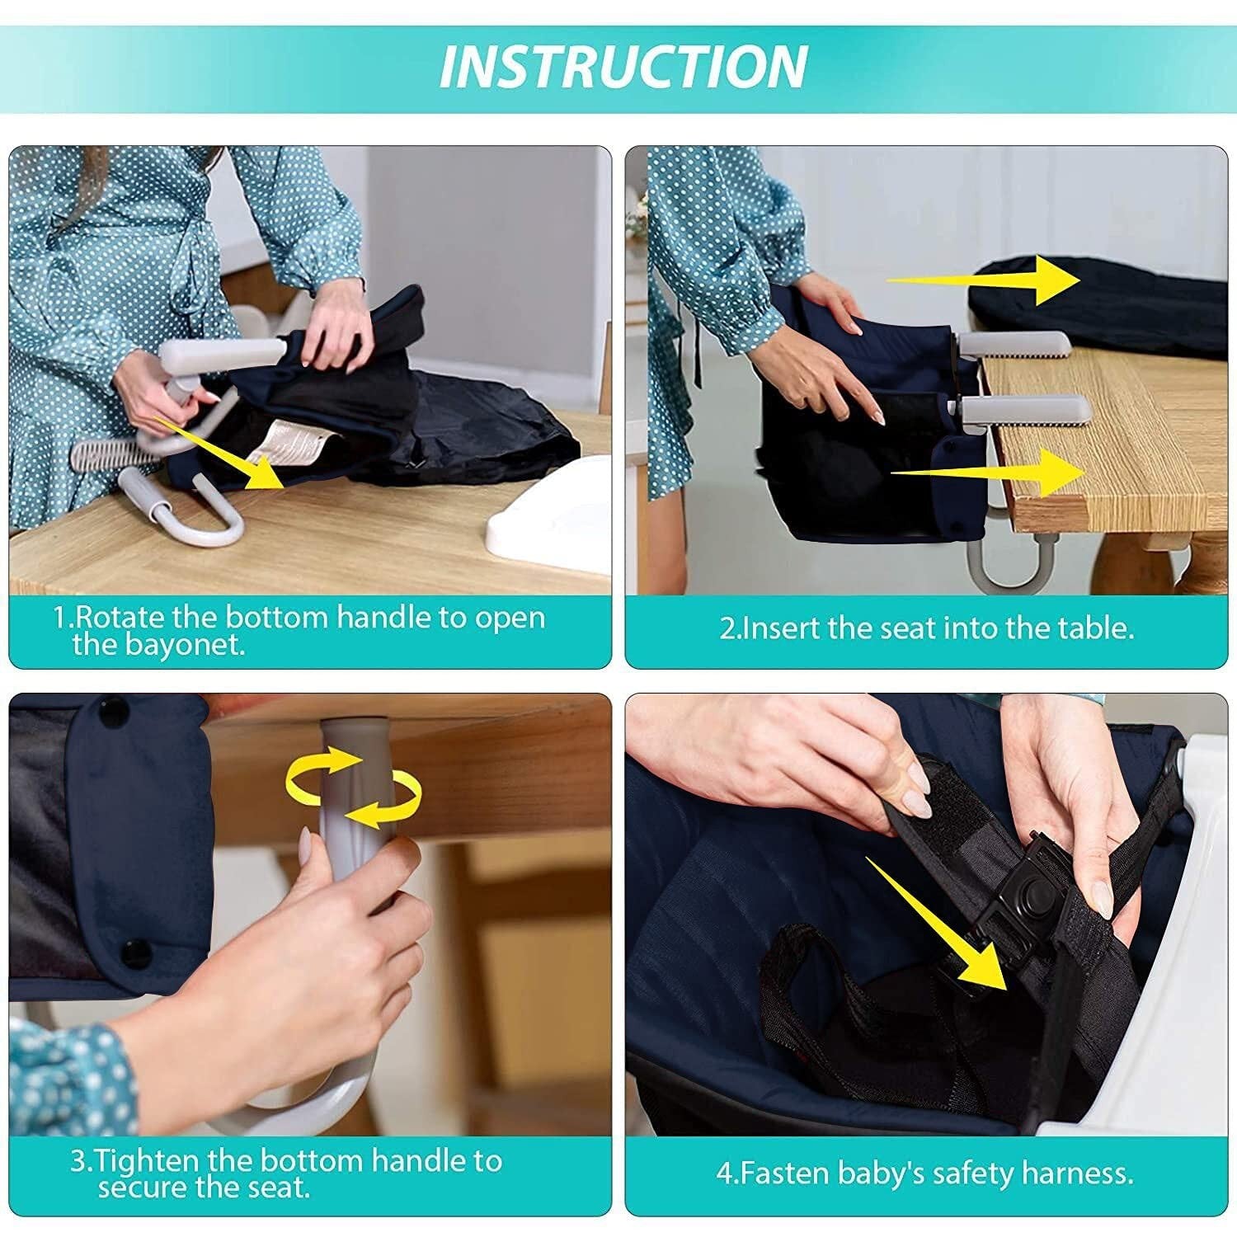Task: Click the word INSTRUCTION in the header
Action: pyautogui.click(x=623, y=66)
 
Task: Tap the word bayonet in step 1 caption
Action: pyautogui.click(x=186, y=645)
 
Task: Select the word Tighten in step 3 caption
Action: pyautogui.click(x=146, y=1161)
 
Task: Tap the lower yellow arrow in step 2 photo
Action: pyautogui.click(x=990, y=472)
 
